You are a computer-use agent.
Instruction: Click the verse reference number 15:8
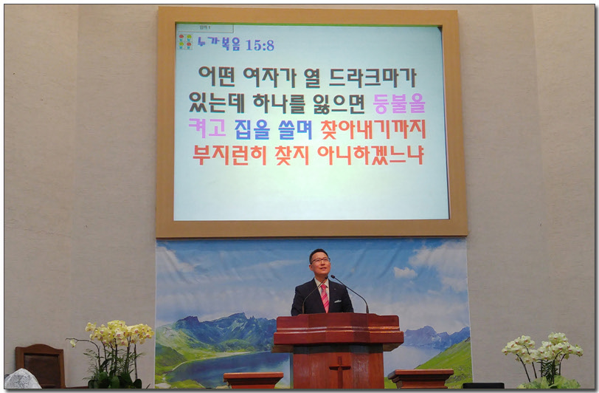click(x=260, y=45)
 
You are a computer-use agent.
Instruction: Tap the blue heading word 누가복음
click(x=218, y=43)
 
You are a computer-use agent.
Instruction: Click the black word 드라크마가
click(x=373, y=78)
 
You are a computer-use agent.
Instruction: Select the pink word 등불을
click(x=399, y=103)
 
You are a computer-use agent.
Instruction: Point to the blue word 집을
click(x=252, y=129)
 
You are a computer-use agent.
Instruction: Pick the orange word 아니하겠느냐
click(x=370, y=154)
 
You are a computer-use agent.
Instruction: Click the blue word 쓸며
click(x=295, y=129)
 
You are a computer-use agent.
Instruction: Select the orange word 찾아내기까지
click(x=373, y=129)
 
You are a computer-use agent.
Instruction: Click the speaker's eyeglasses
click(x=320, y=260)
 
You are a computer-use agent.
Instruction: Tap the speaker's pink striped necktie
click(x=325, y=297)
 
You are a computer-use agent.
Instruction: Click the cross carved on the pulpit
click(x=339, y=371)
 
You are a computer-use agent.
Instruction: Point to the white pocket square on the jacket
click(x=337, y=301)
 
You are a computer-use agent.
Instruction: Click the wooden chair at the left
click(x=40, y=365)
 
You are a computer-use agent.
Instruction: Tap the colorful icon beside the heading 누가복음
click(x=186, y=41)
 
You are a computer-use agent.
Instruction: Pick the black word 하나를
click(x=280, y=103)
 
